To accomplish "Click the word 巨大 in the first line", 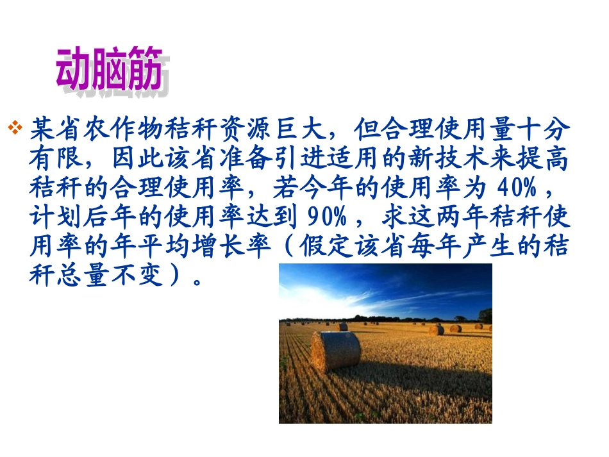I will point(300,129).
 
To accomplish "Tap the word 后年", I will point(111,219).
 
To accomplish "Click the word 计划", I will point(57,219).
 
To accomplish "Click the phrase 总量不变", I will point(111,278).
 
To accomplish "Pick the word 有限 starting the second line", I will point(57,159).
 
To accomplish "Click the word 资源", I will point(246,129).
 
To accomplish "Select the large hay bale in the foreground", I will point(335,350).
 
